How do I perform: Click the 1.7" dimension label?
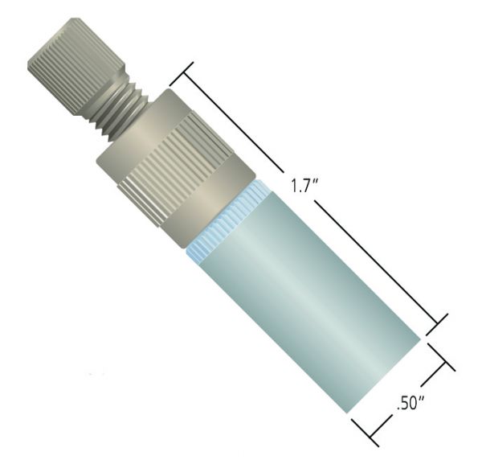[x=304, y=186]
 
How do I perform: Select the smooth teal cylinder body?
[x=310, y=302]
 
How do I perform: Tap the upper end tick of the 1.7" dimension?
[x=182, y=74]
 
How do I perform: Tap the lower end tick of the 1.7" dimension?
[x=437, y=324]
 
